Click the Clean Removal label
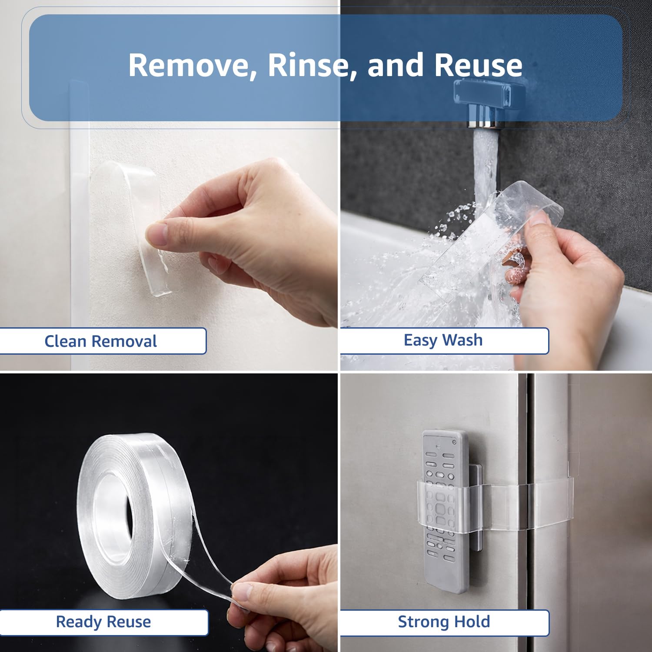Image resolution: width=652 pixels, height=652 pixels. [x=100, y=341]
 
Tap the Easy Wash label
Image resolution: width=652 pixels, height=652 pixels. [x=443, y=340]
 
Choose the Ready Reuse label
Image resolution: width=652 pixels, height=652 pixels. [x=103, y=622]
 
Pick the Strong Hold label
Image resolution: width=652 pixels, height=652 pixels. [x=444, y=622]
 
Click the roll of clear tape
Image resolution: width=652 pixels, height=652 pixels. [x=135, y=513]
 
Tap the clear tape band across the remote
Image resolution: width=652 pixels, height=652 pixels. [x=496, y=504]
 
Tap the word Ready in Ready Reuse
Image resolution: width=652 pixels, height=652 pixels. [x=79, y=622]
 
